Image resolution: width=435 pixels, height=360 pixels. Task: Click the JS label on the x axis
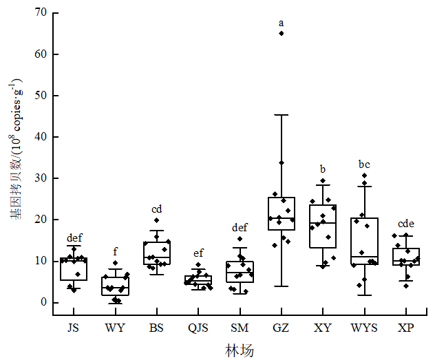74,328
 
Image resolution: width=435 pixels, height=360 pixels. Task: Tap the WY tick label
115,328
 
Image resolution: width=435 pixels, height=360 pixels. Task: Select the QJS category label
198,328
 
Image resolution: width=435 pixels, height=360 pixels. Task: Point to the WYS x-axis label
364,328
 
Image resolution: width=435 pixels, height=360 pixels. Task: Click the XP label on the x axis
405,328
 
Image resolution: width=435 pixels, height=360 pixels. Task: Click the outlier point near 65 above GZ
281,33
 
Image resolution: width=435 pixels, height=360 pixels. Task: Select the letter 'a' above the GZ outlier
281,23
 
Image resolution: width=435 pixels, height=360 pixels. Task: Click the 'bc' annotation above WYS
364,165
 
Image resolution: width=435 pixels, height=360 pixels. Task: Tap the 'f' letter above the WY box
115,251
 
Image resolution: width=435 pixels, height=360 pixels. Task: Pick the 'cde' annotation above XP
405,224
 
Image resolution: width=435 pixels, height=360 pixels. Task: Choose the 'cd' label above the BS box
157,209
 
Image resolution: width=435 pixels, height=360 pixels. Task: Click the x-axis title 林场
240,350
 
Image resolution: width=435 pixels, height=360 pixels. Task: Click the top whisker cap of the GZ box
281,115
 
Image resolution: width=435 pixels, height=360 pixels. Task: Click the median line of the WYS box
364,257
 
